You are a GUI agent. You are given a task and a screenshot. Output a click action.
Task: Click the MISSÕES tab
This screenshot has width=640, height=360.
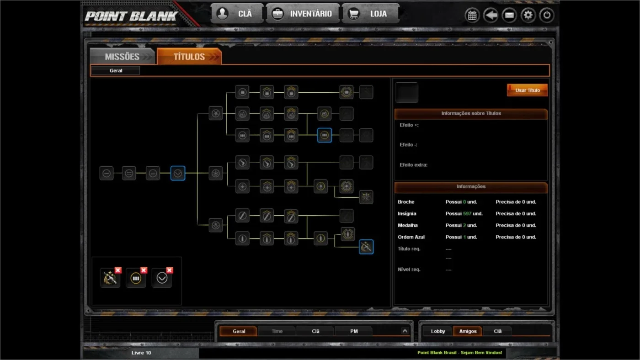click(x=123, y=56)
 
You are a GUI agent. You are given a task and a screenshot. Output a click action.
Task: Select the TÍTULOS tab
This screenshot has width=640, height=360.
click(x=189, y=56)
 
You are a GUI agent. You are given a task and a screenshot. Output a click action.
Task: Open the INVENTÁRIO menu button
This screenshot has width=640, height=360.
click(x=303, y=14)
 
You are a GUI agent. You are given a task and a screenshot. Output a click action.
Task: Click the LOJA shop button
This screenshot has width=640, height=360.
click(x=370, y=14)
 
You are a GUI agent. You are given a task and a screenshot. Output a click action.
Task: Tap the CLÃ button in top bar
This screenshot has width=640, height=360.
click(x=237, y=14)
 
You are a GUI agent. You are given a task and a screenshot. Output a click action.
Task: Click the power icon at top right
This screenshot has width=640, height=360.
click(x=547, y=15)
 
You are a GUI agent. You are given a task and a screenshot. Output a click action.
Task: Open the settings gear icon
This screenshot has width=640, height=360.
click(x=528, y=15)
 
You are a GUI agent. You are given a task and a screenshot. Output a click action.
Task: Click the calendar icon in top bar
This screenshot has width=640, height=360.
click(x=472, y=15)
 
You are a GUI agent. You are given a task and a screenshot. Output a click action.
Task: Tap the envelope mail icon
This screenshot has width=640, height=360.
click(x=509, y=15)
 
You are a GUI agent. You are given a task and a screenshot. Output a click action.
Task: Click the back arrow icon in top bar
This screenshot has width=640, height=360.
click(x=491, y=15)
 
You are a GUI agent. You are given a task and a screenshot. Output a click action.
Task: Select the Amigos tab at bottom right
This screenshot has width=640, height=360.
click(x=468, y=331)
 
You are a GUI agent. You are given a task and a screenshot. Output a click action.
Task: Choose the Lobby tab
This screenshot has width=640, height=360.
click(x=438, y=331)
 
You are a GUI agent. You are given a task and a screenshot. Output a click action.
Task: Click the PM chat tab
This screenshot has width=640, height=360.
click(x=354, y=331)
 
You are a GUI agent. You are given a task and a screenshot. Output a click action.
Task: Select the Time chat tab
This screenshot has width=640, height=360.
click(x=277, y=331)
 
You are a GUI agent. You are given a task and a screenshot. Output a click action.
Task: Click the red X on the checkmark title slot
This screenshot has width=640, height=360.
click(x=170, y=270)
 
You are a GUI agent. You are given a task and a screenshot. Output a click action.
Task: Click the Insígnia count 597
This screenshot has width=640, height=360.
click(x=467, y=213)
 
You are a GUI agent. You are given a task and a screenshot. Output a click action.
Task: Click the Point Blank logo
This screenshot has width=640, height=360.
click(x=131, y=16)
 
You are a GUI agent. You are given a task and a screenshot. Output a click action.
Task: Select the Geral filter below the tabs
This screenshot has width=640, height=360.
click(x=116, y=70)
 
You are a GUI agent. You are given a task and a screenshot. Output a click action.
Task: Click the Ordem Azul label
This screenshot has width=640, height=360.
click(x=411, y=237)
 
